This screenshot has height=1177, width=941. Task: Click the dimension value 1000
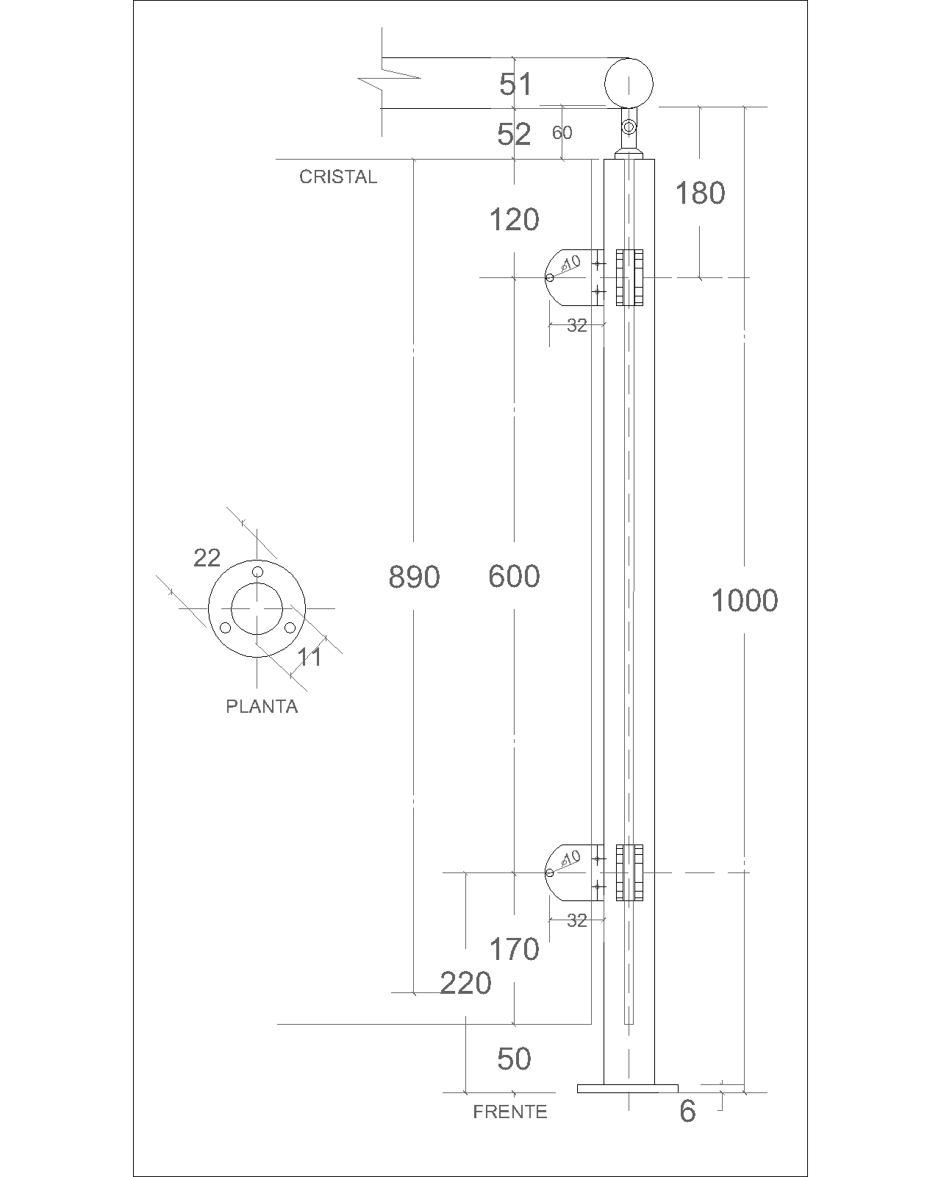click(x=744, y=600)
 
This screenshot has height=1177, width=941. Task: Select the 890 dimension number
click(x=414, y=577)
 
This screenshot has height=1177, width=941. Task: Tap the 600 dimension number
click(x=514, y=576)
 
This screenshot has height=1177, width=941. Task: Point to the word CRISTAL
click(x=338, y=177)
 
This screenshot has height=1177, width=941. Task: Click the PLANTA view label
click(x=262, y=707)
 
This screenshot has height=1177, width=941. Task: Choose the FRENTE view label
click(x=510, y=1112)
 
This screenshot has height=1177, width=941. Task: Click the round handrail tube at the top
click(x=629, y=83)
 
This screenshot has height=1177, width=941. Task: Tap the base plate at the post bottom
click(x=628, y=1089)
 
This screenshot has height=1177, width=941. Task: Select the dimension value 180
click(x=701, y=193)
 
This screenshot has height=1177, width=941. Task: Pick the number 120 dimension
click(x=514, y=220)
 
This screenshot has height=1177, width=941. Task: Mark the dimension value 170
click(x=514, y=950)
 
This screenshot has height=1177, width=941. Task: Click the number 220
click(x=465, y=983)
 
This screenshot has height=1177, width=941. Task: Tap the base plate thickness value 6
click(x=687, y=1111)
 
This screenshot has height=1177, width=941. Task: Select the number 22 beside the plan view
click(x=207, y=558)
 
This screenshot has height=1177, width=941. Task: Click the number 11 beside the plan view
click(x=309, y=657)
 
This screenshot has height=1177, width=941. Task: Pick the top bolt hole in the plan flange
click(x=257, y=572)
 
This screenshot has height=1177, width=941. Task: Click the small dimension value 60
click(x=562, y=132)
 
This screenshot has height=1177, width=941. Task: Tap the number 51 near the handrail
click(x=515, y=84)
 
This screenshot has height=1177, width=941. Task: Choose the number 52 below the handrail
click(x=514, y=134)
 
